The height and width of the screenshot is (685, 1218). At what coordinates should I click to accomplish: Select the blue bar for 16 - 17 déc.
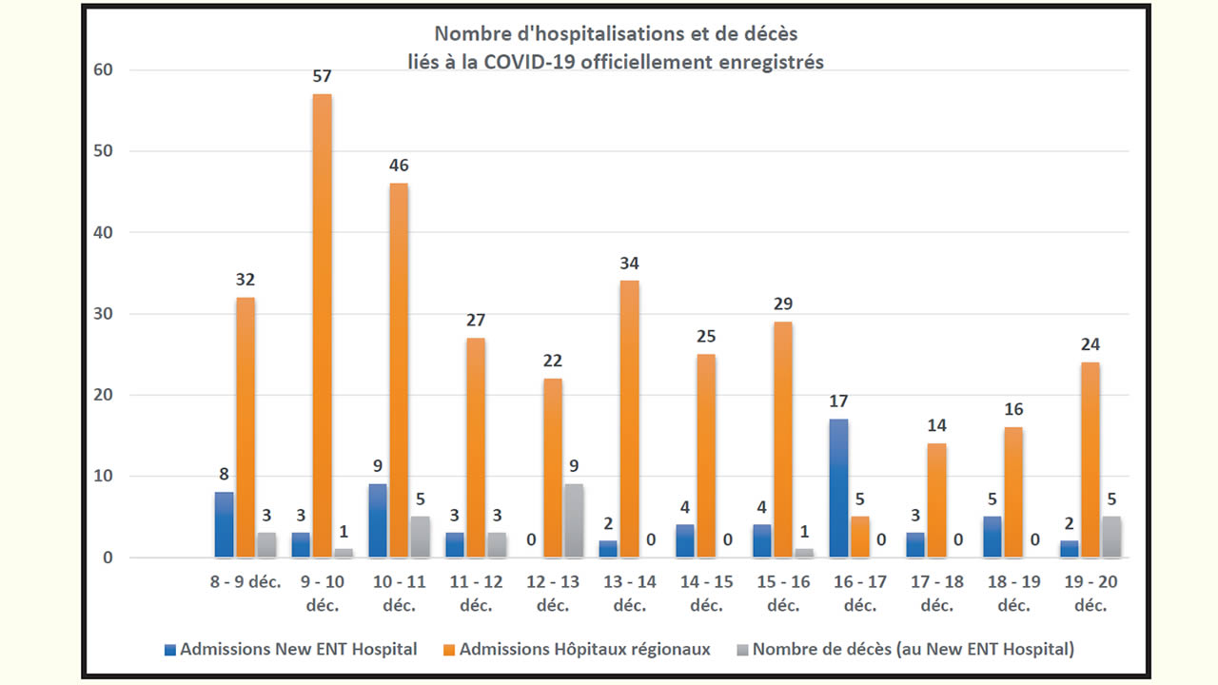(838, 488)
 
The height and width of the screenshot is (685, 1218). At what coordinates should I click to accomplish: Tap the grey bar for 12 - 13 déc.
(573, 520)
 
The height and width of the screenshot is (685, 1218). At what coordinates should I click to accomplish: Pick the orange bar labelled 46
(400, 370)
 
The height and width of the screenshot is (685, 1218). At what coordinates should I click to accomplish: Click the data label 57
(323, 75)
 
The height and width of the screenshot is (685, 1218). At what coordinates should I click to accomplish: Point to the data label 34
(629, 262)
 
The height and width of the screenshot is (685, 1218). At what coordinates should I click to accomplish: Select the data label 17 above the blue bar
(838, 401)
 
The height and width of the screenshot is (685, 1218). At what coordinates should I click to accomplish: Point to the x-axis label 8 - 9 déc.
(245, 582)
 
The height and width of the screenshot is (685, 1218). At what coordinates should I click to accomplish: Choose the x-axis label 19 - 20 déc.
(1090, 593)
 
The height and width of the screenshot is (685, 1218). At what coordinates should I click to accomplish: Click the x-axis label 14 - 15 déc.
(706, 593)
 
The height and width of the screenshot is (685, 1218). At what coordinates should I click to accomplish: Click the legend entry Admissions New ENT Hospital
(290, 650)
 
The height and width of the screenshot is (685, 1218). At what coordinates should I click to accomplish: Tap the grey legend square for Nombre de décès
(742, 651)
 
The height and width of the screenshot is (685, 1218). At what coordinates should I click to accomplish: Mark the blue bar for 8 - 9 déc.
(224, 524)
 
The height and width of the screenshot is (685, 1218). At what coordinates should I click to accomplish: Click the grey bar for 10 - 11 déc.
(420, 537)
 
